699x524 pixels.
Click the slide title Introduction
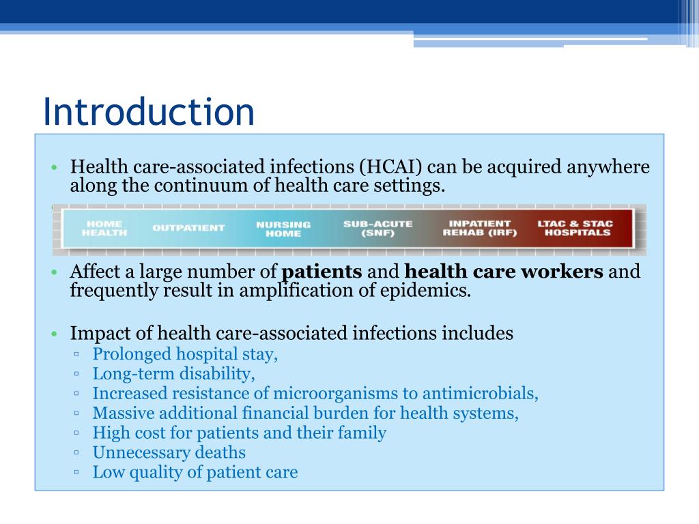point(148,112)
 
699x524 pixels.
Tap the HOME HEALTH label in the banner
point(104,228)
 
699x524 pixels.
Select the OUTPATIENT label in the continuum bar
point(188,228)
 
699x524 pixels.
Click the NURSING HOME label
point(283,229)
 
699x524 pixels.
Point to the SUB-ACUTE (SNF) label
point(378,228)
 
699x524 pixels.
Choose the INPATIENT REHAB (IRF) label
point(480,228)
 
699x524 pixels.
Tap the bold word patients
point(322,272)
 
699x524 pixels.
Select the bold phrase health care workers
point(504,272)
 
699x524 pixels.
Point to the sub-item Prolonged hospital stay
point(185,355)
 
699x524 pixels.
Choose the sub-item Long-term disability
point(173,374)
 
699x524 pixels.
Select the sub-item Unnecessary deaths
point(169,452)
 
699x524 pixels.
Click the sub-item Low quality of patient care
point(195,472)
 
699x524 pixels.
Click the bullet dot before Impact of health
point(55,334)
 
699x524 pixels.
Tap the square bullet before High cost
point(77,433)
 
